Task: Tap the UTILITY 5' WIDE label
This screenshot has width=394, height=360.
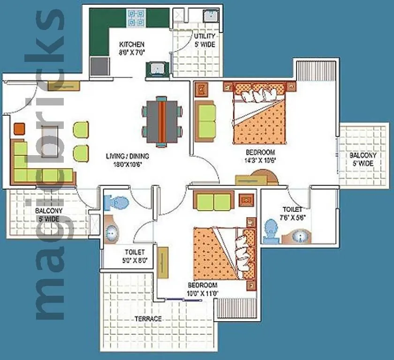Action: [205, 40]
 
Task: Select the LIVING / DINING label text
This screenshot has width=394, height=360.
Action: [127, 156]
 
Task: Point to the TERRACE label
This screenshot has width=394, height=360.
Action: [148, 319]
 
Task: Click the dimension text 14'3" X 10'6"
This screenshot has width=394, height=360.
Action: [260, 160]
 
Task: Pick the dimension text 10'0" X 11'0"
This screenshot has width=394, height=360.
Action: [203, 294]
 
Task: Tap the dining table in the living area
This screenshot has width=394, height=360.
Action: [162, 121]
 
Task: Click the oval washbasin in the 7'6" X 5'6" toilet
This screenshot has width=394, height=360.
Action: [299, 236]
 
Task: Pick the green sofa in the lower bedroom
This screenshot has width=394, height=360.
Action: [214, 202]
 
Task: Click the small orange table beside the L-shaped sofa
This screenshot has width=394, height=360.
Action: [19, 128]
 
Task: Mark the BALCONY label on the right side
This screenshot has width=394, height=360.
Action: [363, 159]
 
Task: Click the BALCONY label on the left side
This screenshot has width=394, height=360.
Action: [48, 215]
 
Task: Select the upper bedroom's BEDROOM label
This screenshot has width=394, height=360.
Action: [260, 152]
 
